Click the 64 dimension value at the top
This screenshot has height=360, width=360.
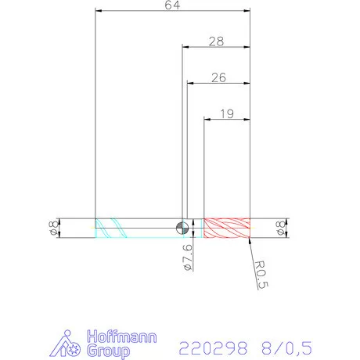click(x=172, y=6)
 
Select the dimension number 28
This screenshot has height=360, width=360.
click(x=217, y=40)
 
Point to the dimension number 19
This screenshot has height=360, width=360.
click(x=227, y=113)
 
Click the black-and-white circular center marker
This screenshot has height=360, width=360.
click(x=182, y=228)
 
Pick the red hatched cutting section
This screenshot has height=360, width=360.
click(x=227, y=228)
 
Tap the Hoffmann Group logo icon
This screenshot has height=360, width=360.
click(x=71, y=344)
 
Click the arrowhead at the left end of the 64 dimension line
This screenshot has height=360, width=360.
click(x=98, y=11)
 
